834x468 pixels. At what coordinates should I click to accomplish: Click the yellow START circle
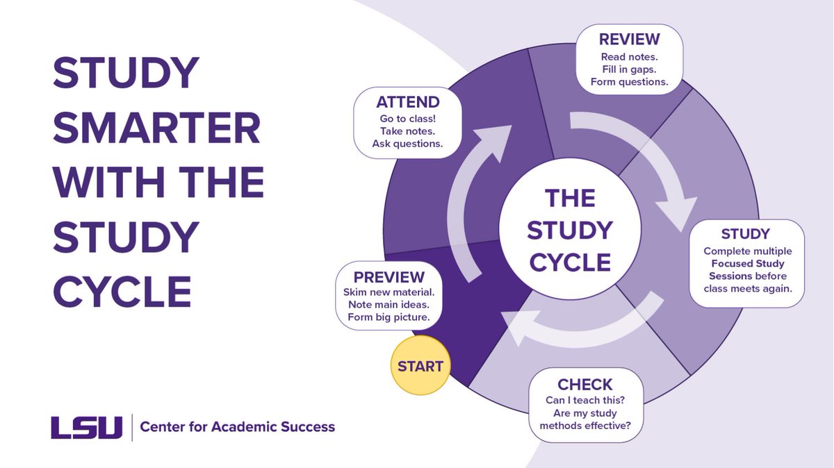click(x=420, y=366)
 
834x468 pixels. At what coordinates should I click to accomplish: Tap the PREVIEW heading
click(x=389, y=276)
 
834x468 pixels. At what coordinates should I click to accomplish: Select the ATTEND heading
click(x=408, y=103)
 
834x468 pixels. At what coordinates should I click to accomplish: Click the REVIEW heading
click(x=629, y=38)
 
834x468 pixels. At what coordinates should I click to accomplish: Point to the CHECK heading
click(x=585, y=384)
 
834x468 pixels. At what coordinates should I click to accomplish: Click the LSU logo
click(x=86, y=426)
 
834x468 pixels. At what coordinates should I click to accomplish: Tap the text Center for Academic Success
click(x=238, y=426)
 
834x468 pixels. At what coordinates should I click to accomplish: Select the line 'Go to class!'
click(x=408, y=119)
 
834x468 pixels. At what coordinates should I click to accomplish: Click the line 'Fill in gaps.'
click(x=629, y=69)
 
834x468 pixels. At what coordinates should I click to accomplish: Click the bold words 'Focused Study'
click(x=748, y=264)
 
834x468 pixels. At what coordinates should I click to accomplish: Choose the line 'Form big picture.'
click(x=389, y=318)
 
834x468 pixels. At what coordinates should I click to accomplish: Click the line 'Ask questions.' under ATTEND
click(x=408, y=144)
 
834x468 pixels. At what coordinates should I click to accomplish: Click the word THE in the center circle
click(x=570, y=199)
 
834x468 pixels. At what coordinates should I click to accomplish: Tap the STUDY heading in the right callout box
click(x=746, y=233)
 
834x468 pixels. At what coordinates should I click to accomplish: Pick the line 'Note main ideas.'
click(x=389, y=305)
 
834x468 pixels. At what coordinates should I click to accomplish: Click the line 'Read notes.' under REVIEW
click(x=629, y=56)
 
